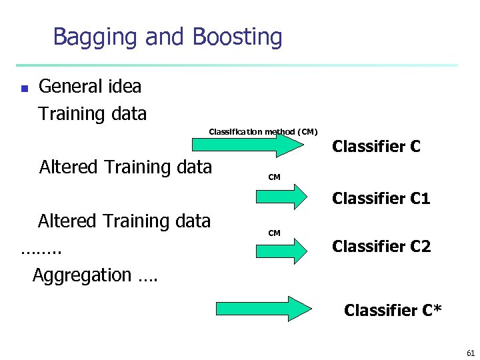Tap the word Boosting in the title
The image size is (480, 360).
tap(237, 37)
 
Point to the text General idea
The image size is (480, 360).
tap(90, 87)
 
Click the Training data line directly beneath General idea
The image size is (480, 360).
tap(92, 114)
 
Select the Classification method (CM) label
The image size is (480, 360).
tap(263, 132)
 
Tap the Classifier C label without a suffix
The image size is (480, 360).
tap(376, 147)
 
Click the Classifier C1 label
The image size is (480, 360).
tap(381, 199)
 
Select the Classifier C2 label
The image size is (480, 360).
tap(381, 247)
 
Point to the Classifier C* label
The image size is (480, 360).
tap(392, 310)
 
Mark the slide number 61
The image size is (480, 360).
tap(471, 352)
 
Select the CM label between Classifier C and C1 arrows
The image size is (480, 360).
tap(274, 177)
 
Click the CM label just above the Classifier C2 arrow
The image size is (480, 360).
tap(274, 233)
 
